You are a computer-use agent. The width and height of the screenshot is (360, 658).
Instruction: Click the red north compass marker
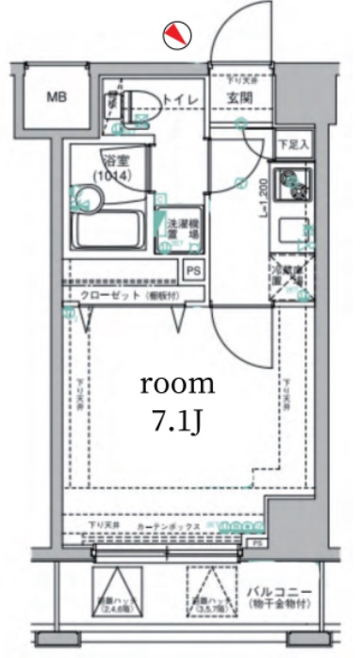[x=176, y=36]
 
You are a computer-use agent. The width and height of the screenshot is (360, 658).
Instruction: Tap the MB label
[x=57, y=97]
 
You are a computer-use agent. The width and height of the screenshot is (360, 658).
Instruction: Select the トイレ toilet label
[x=180, y=98]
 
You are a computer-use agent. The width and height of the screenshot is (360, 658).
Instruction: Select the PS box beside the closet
[x=193, y=271]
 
